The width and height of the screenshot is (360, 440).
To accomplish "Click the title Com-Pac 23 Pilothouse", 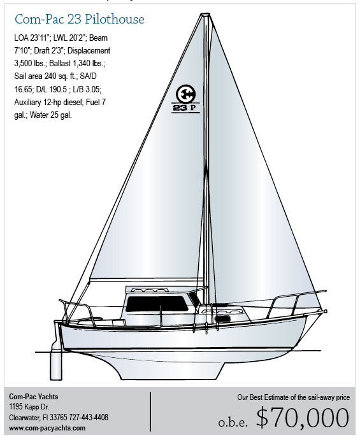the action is pyautogui.click(x=80, y=19).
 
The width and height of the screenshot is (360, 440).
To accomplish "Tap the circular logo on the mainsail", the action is pyautogui.click(x=185, y=94).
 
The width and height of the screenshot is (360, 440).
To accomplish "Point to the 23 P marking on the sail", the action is pyautogui.click(x=185, y=108).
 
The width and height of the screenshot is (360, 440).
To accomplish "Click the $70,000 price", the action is pyautogui.click(x=303, y=418).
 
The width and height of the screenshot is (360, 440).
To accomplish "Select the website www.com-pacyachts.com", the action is pyautogui.click(x=47, y=428).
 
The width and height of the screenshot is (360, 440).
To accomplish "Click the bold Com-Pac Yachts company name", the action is pyautogui.click(x=34, y=397).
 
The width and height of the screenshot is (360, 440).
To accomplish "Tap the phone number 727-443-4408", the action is pyautogui.click(x=89, y=417).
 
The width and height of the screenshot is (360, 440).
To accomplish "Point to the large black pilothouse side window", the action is pyautogui.click(x=157, y=304).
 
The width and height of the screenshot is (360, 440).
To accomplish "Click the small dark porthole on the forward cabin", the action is pyautogui.click(x=223, y=319).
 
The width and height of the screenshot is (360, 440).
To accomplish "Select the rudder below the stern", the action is pyautogui.click(x=56, y=364).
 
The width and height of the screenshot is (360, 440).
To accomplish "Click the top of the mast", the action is pyautogui.click(x=206, y=14).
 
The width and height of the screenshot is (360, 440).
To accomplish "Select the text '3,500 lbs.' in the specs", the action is pyautogui.click(x=30, y=64).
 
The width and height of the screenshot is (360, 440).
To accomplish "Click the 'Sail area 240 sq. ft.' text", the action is pyautogui.click(x=45, y=76).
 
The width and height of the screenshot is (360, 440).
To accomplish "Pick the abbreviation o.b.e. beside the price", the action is pyautogui.click(x=233, y=423).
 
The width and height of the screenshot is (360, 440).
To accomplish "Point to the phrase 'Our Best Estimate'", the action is pyautogui.click(x=263, y=397).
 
